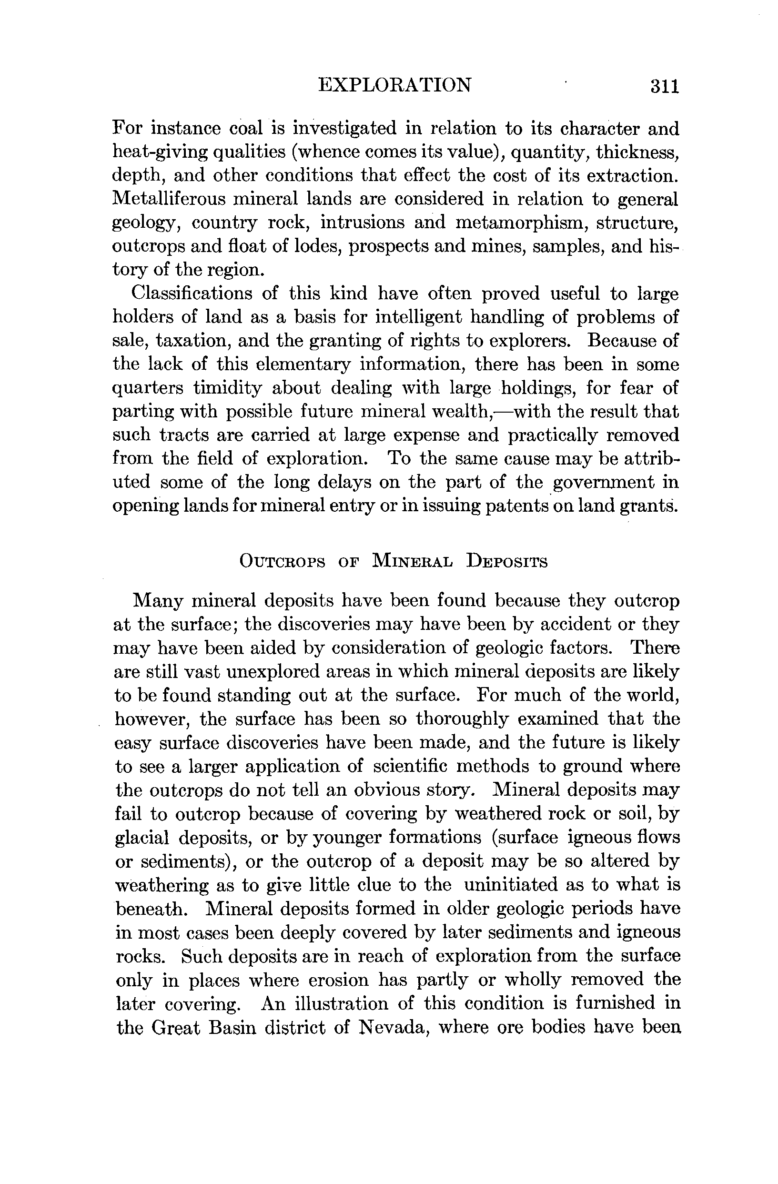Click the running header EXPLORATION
[394, 85]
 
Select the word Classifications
[191, 293]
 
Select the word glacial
[142, 838]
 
